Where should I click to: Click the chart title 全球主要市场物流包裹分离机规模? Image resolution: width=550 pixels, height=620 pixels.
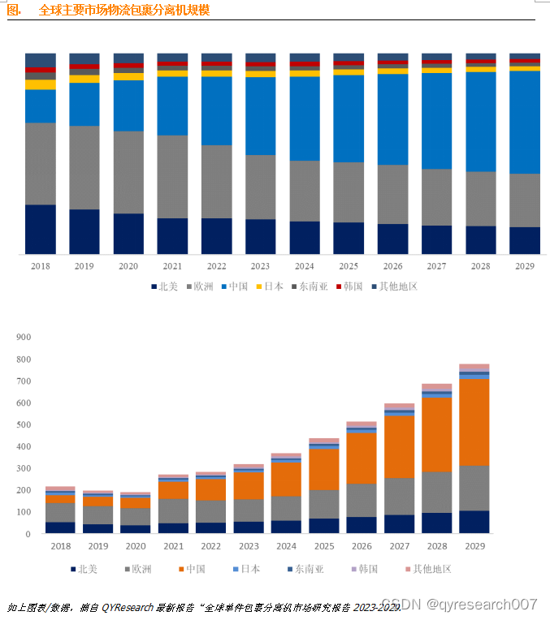123,10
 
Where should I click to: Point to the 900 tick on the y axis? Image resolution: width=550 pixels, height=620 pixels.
23,337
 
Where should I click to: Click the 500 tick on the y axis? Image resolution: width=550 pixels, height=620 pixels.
23,424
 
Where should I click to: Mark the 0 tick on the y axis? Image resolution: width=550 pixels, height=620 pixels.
28,534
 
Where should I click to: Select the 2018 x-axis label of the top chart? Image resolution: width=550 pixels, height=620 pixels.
40,266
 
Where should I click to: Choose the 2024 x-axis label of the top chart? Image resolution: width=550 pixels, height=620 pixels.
305,266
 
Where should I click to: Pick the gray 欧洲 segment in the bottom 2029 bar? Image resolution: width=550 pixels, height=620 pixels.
474,488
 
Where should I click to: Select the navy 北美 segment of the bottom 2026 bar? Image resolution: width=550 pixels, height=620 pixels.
362,525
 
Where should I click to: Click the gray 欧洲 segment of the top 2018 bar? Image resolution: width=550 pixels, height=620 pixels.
40,163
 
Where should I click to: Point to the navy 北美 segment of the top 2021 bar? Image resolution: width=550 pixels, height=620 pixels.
172,236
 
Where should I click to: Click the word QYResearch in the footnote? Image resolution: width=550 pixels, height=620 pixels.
130,606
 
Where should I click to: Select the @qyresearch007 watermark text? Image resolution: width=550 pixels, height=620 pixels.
483,604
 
